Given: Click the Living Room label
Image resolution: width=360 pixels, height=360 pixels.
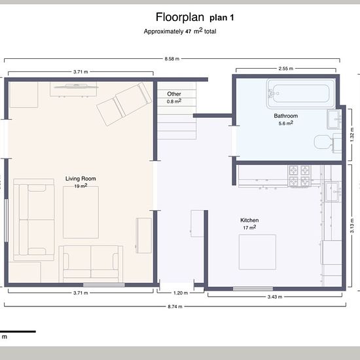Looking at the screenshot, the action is click(81, 179).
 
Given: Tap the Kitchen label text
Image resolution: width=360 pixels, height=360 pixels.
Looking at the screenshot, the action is click(249, 220).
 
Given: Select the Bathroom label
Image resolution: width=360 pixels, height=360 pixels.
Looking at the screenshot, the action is click(285, 116).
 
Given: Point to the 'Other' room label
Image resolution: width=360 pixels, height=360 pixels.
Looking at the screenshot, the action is click(174, 94).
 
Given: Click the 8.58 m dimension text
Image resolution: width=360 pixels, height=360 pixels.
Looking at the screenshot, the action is click(171, 59).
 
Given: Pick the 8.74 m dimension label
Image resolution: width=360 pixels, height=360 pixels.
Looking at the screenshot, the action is click(175, 306).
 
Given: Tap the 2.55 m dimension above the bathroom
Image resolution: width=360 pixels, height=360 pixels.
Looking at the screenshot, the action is click(286, 69).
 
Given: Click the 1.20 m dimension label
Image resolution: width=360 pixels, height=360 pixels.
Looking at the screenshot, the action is click(181, 293).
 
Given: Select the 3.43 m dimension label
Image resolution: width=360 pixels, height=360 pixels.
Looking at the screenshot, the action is click(275, 297).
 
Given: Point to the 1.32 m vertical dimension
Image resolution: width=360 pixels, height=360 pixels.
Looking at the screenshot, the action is click(352, 135).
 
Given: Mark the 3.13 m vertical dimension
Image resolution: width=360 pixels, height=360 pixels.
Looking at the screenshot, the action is click(352, 226).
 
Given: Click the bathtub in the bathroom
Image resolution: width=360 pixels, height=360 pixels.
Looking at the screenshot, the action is click(301, 94).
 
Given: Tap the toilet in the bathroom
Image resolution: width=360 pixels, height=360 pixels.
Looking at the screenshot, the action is click(327, 142).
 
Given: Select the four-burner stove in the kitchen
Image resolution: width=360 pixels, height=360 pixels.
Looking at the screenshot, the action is click(299, 176).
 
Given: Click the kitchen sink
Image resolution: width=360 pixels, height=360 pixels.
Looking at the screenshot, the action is click(333, 192).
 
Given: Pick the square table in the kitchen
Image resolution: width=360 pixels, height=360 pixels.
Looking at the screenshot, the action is click(257, 252).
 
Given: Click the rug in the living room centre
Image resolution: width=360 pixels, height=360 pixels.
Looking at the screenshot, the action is click(81, 212).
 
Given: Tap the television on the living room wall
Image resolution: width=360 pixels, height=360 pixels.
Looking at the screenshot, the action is click(75, 86).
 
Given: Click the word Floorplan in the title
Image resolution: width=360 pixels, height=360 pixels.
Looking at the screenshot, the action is click(180, 17).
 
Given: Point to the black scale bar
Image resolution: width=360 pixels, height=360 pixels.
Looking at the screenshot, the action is click(18, 332).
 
